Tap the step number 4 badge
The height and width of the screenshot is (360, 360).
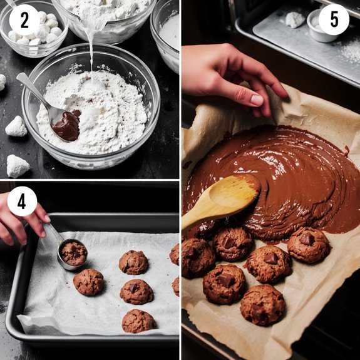[x=22, y=202]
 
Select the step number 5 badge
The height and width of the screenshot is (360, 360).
[x=334, y=19]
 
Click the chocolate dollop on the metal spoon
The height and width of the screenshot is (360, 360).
[x=68, y=125]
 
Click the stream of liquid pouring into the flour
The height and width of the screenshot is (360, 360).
[x=92, y=50]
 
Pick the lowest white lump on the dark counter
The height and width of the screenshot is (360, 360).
[x=17, y=166]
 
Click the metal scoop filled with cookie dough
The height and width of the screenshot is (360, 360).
[x=73, y=253]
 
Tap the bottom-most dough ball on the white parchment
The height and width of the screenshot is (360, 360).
[x=138, y=321]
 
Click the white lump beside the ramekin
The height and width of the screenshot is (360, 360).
[x=295, y=20]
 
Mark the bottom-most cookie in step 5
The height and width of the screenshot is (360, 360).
[x=262, y=304]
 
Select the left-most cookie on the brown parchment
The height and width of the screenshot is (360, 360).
[x=197, y=257]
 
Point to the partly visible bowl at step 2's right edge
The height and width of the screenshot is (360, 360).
[x=168, y=31]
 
